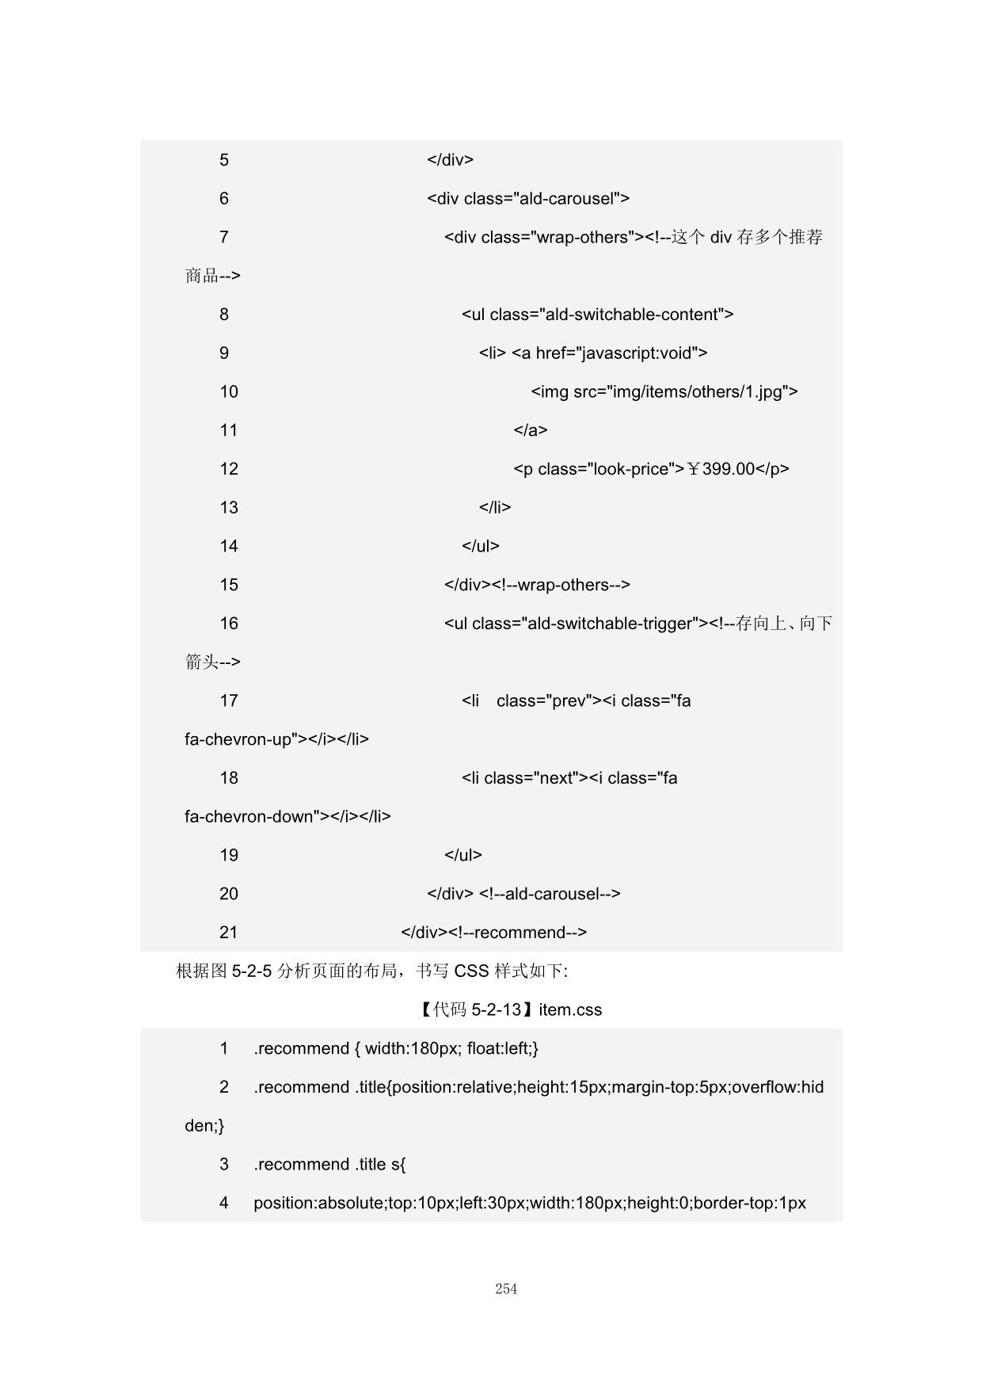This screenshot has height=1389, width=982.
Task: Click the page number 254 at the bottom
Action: coord(506,1289)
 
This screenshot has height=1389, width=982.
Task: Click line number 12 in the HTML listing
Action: coord(229,469)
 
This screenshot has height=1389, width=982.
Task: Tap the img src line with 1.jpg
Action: coord(664,391)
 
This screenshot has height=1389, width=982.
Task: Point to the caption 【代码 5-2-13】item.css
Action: coord(511,1009)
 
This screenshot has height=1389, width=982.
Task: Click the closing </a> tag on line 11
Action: coord(530,430)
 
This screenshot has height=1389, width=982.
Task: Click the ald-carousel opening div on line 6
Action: coord(527,198)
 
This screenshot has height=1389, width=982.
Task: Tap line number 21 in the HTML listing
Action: coord(229,933)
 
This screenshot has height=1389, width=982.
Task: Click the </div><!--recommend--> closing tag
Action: coord(493,933)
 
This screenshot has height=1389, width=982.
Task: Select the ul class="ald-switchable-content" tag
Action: coord(597,315)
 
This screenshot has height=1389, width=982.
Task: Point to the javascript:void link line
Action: coord(593,353)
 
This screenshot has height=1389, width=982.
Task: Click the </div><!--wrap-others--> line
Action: coord(537,585)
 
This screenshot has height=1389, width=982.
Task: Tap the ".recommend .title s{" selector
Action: coord(329,1164)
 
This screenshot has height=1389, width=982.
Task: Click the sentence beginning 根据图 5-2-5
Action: coord(371,971)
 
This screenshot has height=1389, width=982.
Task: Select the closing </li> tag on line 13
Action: coord(494,507)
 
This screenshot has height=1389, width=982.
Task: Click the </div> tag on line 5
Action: coord(450,160)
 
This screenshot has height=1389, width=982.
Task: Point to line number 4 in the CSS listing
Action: coord(224,1203)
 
